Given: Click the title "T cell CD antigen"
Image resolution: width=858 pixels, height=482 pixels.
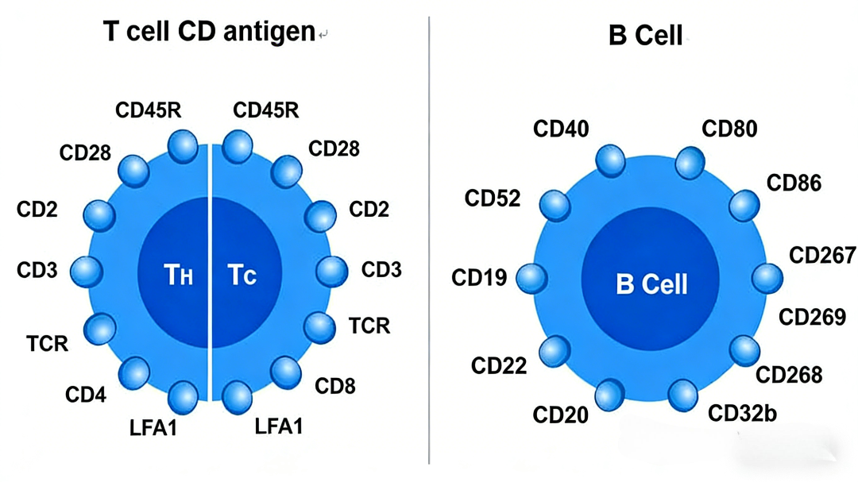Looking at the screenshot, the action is click(209, 32).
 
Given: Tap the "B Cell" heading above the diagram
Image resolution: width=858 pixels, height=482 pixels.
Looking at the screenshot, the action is click(646, 36).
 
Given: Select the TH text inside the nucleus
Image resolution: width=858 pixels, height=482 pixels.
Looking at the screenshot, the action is click(179, 275).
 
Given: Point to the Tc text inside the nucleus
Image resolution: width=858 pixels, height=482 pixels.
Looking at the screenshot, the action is click(242, 275).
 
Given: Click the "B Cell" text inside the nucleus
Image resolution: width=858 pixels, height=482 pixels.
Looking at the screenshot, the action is click(651, 284).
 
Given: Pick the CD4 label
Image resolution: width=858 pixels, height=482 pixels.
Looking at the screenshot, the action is click(85, 395).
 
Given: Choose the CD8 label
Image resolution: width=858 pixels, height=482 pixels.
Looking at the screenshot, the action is click(335, 386).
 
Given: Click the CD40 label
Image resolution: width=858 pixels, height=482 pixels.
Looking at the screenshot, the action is click(561, 129).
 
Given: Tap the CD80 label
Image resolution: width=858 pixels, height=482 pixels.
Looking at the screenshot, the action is click(729, 129).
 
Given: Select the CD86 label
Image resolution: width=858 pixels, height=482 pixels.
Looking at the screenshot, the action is click(794, 183).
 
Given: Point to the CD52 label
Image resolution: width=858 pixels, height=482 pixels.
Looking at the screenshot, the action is click(493, 198).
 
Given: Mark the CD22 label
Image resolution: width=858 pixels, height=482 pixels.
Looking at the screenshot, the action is click(499, 365).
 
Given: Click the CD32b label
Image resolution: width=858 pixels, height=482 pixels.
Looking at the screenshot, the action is click(742, 414).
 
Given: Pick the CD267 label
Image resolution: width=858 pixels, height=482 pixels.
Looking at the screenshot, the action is click(822, 255).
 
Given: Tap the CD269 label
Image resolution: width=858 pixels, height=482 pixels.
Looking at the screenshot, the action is click(813, 317).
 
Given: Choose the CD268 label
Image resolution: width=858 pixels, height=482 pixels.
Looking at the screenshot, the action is click(789, 375).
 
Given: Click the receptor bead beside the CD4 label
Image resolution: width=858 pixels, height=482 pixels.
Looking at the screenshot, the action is click(134, 373).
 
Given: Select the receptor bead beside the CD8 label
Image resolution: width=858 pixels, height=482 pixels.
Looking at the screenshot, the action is click(286, 372).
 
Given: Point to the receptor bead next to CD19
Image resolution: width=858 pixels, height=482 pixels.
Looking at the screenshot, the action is click(531, 278).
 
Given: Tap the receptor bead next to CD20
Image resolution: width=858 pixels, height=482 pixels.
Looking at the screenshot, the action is click(609, 395).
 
